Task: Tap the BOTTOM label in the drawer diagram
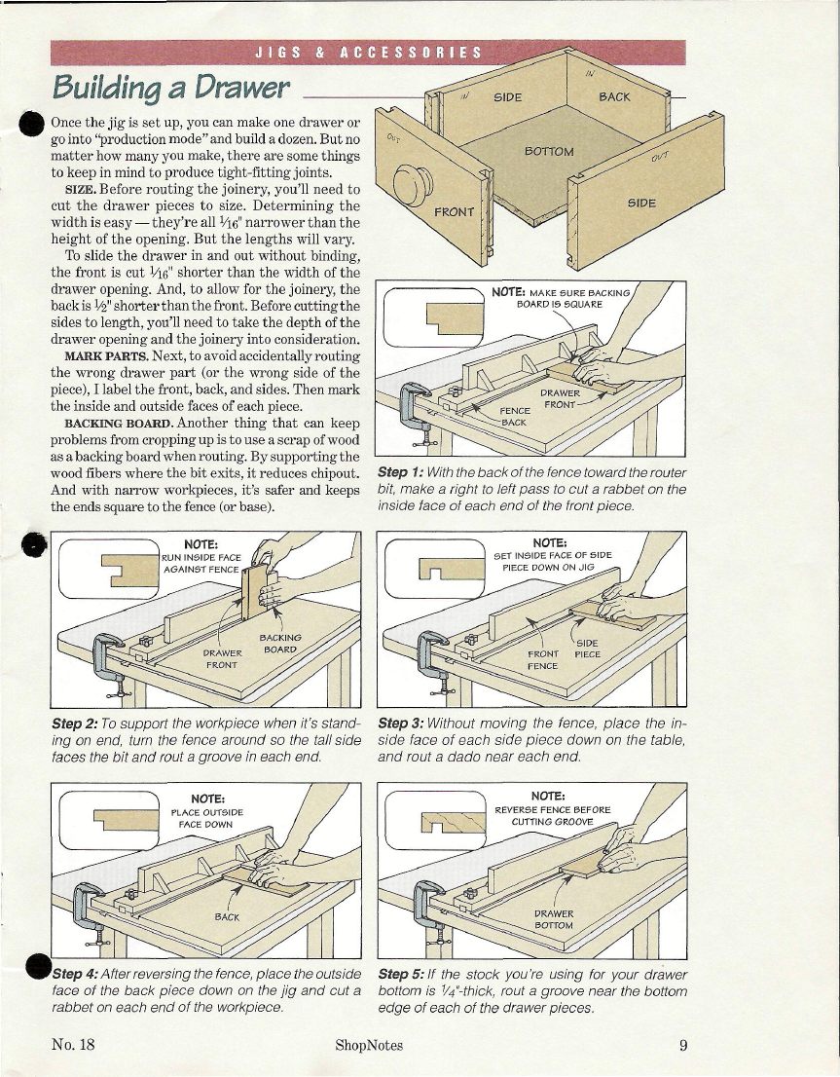(549, 152)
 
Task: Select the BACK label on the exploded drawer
(614, 96)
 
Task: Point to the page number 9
(684, 1046)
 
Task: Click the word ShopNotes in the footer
(368, 1046)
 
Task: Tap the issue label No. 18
(73, 1046)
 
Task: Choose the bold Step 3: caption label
(400, 724)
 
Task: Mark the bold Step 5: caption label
(400, 974)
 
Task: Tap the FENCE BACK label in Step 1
(513, 417)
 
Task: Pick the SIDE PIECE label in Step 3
(587, 649)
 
